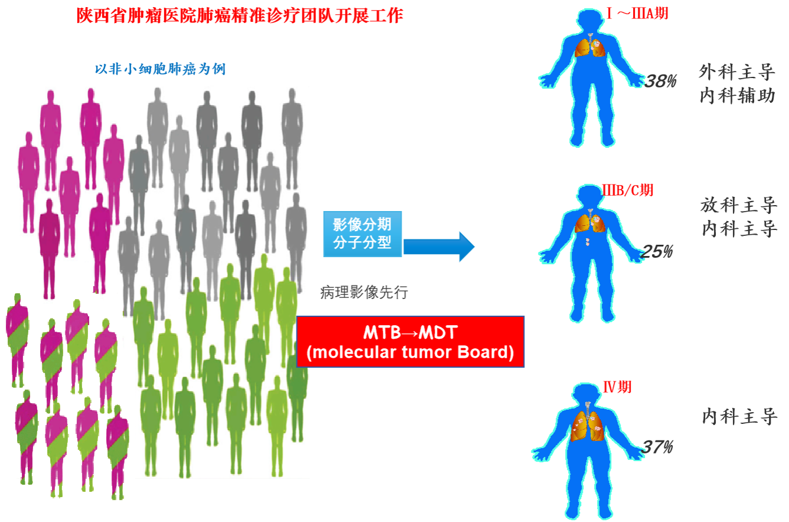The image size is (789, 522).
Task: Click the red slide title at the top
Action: pos(240,15)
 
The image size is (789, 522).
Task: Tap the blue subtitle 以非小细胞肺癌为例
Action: pos(160,69)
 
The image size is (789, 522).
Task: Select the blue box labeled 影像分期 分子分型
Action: pos(363,234)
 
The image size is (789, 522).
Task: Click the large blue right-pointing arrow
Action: pos(439,247)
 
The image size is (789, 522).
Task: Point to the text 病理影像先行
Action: pos(364,293)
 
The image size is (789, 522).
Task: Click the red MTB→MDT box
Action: pos(410,342)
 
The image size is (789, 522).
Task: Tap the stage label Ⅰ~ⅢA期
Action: pos(637,14)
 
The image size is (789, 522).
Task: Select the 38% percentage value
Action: pos(660,81)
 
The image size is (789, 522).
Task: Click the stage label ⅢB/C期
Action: pos(627,190)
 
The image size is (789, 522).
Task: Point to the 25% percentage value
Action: pos(657,251)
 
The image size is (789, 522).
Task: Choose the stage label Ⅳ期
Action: pos(617,387)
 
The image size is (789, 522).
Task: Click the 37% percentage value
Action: pos(657,447)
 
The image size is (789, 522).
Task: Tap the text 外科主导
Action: pos(737,72)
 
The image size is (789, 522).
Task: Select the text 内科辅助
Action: pos(737,96)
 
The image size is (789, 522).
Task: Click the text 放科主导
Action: pos(739,205)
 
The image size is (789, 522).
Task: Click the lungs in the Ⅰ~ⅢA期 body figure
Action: pos(590,46)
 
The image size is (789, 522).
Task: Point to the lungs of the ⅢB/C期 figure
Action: pos(590,221)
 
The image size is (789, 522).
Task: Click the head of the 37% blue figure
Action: pos(587,393)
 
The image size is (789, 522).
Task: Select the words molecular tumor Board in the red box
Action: pos(410,352)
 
